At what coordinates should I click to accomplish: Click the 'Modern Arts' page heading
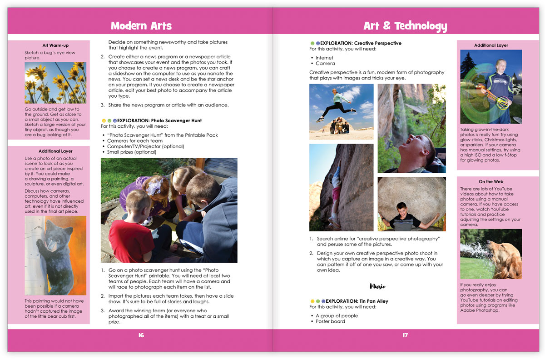(x=141, y=25)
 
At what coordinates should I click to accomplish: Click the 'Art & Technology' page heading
(x=405, y=25)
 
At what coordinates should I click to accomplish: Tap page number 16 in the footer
(x=141, y=335)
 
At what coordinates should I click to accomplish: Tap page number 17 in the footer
(x=405, y=335)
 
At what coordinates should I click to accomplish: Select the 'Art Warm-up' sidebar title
(x=55, y=45)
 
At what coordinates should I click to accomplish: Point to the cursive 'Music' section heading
(x=377, y=286)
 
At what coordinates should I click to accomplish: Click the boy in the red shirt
(x=131, y=232)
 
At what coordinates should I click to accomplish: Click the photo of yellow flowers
(x=55, y=83)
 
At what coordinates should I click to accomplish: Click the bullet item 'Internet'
(x=324, y=58)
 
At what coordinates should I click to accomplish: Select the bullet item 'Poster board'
(x=330, y=321)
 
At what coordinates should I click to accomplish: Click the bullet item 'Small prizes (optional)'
(x=132, y=152)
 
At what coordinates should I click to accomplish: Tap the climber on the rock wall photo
(x=336, y=191)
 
